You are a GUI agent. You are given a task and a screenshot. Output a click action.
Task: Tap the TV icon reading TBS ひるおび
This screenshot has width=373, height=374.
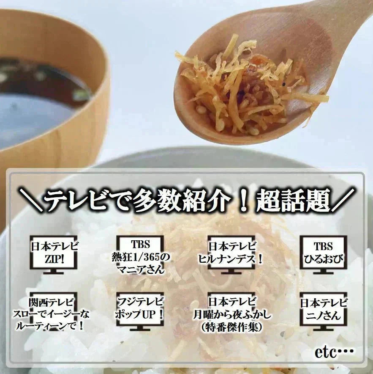(323, 253)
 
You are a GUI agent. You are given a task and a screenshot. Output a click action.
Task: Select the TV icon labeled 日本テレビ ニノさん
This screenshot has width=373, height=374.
(324, 309)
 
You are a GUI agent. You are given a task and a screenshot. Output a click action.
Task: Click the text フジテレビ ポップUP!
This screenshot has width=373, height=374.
(140, 308)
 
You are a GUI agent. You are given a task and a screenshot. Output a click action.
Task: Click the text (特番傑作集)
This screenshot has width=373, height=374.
(232, 327)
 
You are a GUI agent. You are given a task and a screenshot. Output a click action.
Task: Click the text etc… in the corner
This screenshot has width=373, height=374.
(334, 352)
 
